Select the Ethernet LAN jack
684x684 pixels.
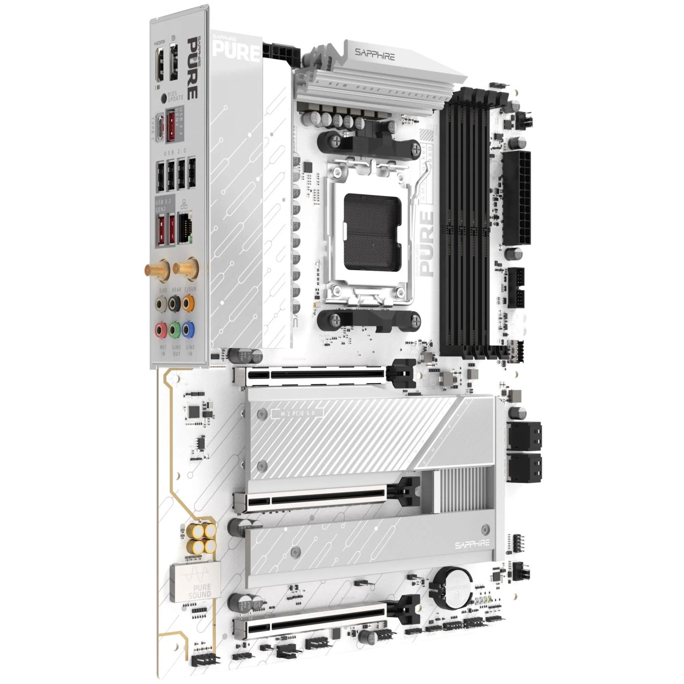click(x=185, y=227)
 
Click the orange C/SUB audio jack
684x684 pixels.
click(x=189, y=304)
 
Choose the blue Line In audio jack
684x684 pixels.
click(x=189, y=330)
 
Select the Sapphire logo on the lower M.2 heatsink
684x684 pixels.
click(x=472, y=544)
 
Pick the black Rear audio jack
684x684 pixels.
click(x=175, y=304)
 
